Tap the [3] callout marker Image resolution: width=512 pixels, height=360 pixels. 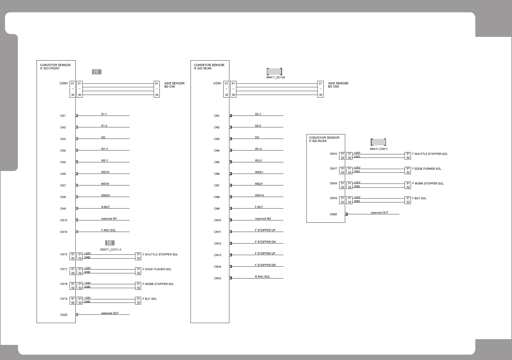pyautogui.click(x=110, y=243)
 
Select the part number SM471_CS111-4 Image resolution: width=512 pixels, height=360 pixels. pyautogui.click(x=111, y=249)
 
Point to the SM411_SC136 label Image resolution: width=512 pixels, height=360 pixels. pyautogui.click(x=275, y=77)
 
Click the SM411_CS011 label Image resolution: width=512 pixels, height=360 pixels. pyautogui.click(x=379, y=149)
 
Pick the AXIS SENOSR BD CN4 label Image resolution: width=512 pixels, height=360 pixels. pyautogui.click(x=174, y=85)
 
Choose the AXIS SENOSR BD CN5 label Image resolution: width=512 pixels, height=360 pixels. pyautogui.click(x=338, y=85)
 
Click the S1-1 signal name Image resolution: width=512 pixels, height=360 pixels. pyautogui.click(x=104, y=114)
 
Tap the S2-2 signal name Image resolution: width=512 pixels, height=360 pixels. pyautogui.click(x=258, y=125)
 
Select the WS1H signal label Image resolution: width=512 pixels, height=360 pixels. pyautogui.click(x=105, y=172)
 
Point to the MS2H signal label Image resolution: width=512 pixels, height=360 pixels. pyautogui.click(x=259, y=184)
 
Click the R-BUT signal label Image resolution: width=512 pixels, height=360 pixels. pyautogui.click(x=105, y=207)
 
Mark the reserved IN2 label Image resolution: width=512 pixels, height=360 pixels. pyautogui.click(x=263, y=219)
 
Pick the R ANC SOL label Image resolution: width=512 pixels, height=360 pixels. pyautogui.click(x=262, y=277)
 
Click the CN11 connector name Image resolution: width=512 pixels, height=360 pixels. pyautogui.click(x=218, y=232)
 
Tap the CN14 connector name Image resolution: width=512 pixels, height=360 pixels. pyautogui.click(x=218, y=267)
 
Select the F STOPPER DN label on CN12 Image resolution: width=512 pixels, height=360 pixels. pyautogui.click(x=265, y=242)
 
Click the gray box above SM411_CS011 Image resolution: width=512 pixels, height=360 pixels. pyautogui.click(x=378, y=142)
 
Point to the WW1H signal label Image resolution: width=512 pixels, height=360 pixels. pyautogui.click(x=259, y=195)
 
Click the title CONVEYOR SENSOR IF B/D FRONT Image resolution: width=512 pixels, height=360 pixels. pyautogui.click(x=55, y=66)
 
